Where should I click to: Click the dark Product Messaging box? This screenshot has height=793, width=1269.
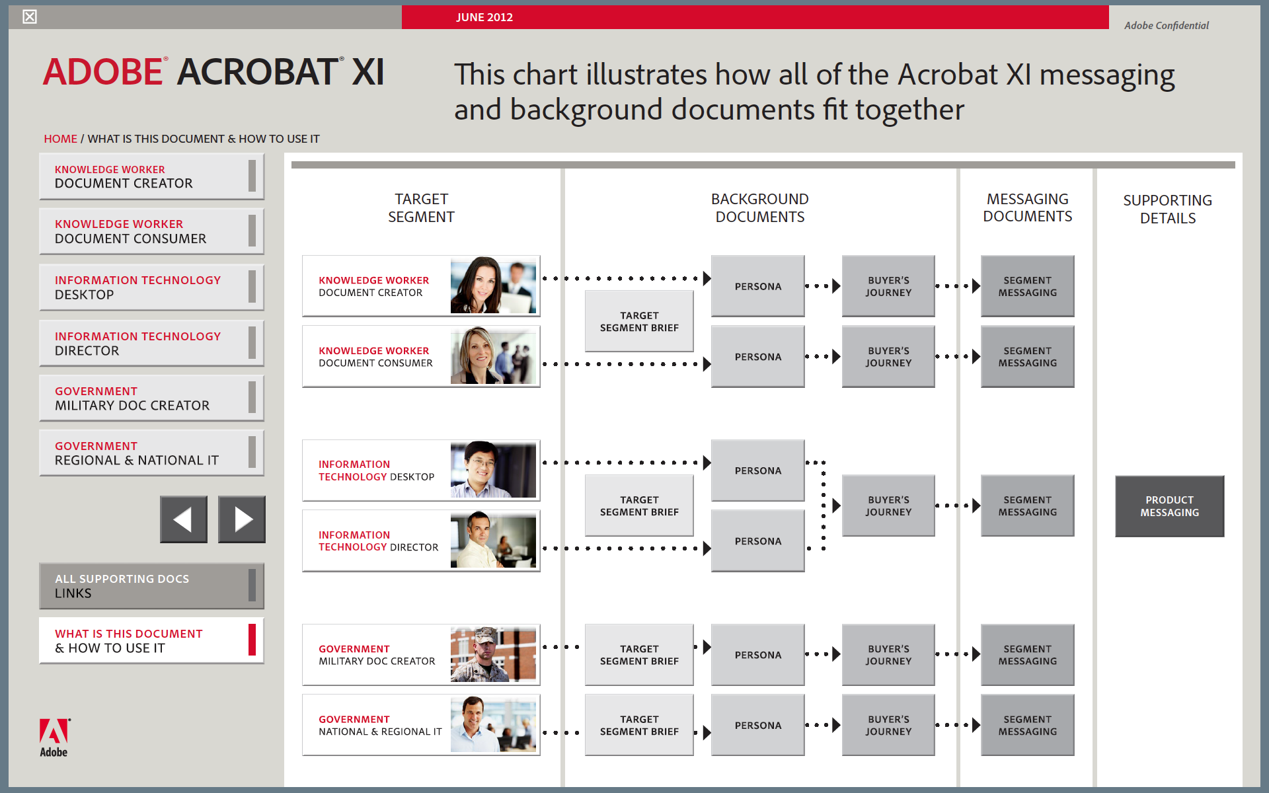(1169, 506)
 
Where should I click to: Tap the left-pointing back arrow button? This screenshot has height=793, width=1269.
(184, 519)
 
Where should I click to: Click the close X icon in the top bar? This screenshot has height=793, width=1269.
(30, 17)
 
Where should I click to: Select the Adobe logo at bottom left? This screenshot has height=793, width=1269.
(54, 737)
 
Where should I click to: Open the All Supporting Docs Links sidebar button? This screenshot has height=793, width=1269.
(151, 585)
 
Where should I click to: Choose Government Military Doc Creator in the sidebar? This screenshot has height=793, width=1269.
(151, 398)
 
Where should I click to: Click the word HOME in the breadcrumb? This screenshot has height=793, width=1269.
(60, 139)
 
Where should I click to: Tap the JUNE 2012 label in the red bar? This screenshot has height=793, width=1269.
(484, 17)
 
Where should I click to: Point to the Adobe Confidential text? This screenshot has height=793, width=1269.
(1167, 25)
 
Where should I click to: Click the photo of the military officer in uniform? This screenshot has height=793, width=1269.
(493, 654)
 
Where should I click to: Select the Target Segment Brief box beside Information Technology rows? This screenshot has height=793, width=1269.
(639, 506)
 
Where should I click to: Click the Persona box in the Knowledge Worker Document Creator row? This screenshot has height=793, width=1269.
(758, 286)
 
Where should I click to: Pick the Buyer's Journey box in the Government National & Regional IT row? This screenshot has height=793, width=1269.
(888, 725)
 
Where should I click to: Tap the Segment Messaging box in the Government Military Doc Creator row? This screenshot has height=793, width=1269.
(1028, 655)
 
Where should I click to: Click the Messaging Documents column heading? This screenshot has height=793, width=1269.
(1028, 208)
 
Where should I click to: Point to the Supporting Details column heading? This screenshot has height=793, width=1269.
(1168, 209)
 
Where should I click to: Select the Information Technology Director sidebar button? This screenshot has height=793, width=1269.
(151, 343)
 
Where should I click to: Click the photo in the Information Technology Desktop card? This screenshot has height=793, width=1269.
(493, 470)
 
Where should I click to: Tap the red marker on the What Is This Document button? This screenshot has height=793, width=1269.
(252, 640)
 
